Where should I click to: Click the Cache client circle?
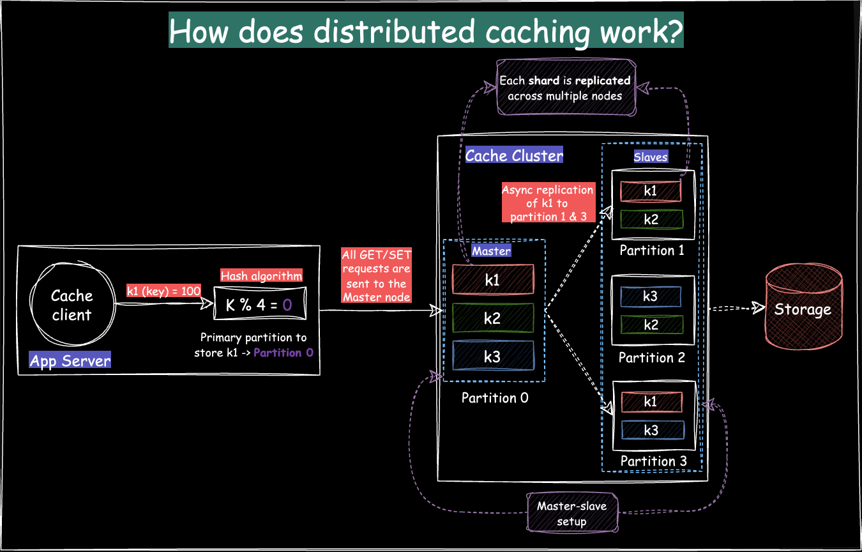tap(72, 305)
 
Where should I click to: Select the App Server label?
tap(70, 361)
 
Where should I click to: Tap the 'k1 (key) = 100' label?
tap(164, 291)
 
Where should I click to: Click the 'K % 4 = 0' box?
tap(259, 305)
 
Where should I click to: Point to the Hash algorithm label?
tap(261, 276)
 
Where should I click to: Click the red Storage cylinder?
tap(803, 309)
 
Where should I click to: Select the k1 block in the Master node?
tap(492, 280)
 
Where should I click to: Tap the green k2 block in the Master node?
tap(492, 318)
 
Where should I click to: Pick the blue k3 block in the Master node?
tap(492, 356)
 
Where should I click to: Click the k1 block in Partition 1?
tap(650, 190)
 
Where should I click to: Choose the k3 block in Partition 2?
tap(650, 296)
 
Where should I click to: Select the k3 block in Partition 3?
tap(650, 430)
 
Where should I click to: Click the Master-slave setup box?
tap(572, 513)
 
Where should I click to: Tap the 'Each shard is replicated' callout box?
tap(565, 88)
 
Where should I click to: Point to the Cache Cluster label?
tap(515, 155)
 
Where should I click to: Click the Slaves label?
tap(651, 157)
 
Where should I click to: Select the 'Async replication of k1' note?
tap(548, 203)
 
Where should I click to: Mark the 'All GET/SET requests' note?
tap(376, 276)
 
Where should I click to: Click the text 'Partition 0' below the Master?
tap(495, 398)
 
